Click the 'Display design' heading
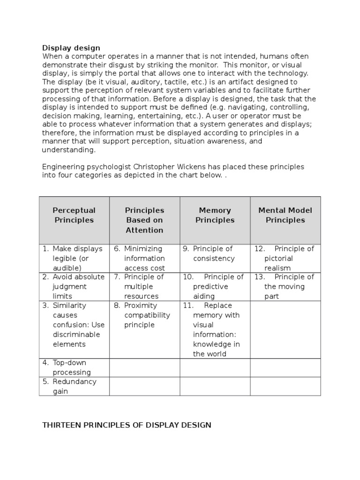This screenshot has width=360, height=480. (71, 48)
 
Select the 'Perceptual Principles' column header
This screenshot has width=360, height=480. (74, 215)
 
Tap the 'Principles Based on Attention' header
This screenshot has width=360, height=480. (144, 220)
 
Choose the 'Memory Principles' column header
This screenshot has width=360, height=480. (215, 215)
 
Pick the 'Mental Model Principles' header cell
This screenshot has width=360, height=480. (285, 215)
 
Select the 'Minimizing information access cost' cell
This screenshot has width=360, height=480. (144, 258)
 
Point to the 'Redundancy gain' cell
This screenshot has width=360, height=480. (74, 386)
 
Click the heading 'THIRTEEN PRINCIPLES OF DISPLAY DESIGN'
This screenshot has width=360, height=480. (127, 425)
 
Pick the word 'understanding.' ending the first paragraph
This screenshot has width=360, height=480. (69, 150)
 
